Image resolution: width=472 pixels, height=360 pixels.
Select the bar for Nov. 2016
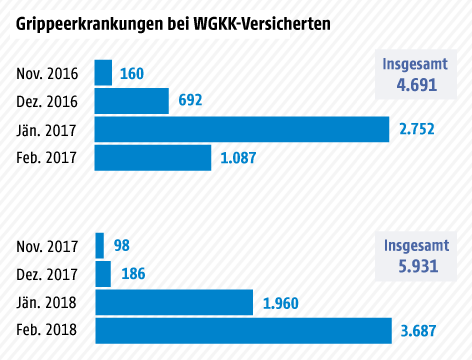pyautogui.click(x=103, y=73)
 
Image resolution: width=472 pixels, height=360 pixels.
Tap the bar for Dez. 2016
pyautogui.click(x=131, y=101)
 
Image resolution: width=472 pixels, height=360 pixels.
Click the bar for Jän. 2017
pyautogui.click(x=241, y=130)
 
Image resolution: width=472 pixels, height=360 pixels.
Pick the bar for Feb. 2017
pyautogui.click(x=153, y=158)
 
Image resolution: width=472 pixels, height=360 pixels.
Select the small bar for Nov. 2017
pyautogui.click(x=99, y=245)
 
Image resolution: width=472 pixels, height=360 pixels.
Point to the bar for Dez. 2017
pyautogui.click(x=103, y=273)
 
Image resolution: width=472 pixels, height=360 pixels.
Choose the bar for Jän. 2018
pyautogui.click(x=174, y=302)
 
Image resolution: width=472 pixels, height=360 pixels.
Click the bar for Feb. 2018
pyautogui.click(x=243, y=330)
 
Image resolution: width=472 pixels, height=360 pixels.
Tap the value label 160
pyautogui.click(x=132, y=73)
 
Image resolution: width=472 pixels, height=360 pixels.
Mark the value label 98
pyautogui.click(x=121, y=245)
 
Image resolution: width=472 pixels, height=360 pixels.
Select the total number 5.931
pyautogui.click(x=418, y=266)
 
